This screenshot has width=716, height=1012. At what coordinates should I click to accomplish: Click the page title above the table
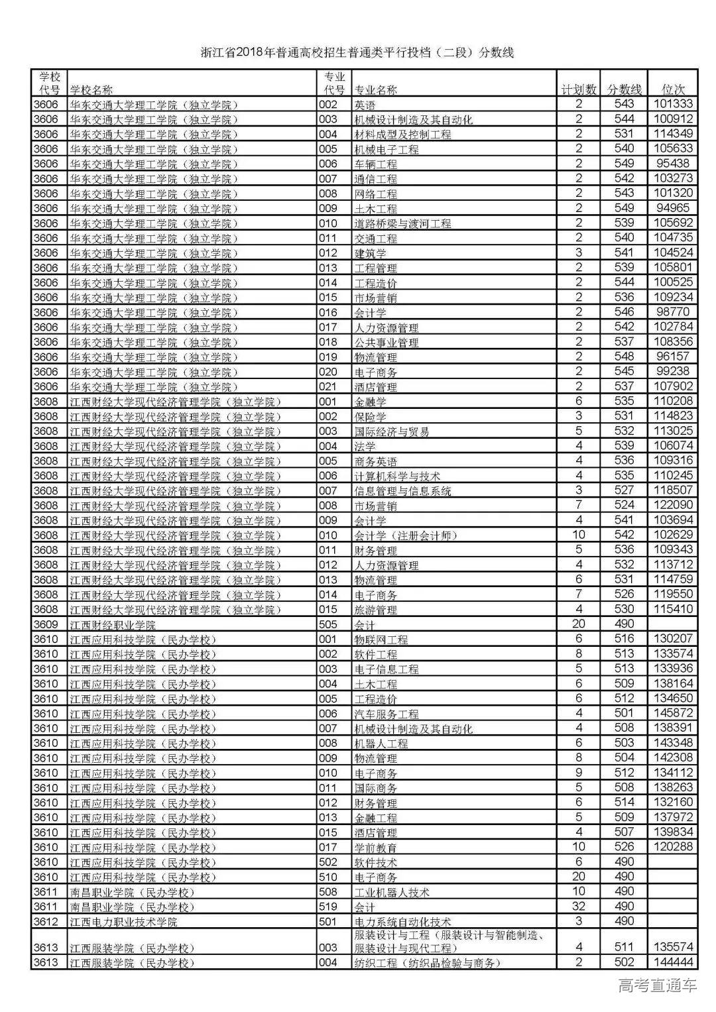point(357,52)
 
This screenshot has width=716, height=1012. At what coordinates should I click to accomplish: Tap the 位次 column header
point(673,89)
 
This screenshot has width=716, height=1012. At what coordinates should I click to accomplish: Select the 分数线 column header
point(625,89)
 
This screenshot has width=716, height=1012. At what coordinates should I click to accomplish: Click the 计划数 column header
point(579,89)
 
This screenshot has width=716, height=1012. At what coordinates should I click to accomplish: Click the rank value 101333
point(673,104)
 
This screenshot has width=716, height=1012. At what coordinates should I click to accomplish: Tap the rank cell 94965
point(673,208)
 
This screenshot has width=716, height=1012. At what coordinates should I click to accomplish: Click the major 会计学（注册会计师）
point(405,535)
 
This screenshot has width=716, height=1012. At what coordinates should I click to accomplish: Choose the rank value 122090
point(673,505)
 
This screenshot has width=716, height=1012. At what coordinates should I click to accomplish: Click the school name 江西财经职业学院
point(113,625)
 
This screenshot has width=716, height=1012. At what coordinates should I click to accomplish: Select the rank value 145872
point(673,713)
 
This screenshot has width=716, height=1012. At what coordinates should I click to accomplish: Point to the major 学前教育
point(375,848)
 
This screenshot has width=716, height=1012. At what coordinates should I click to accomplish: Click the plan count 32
point(579,907)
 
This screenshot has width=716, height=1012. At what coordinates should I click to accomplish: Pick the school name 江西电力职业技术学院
point(124,922)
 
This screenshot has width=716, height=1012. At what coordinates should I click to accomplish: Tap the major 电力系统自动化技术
point(402,922)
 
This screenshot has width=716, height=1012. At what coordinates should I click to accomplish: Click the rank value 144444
point(673,962)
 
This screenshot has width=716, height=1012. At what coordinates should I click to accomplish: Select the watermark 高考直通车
point(657,985)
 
